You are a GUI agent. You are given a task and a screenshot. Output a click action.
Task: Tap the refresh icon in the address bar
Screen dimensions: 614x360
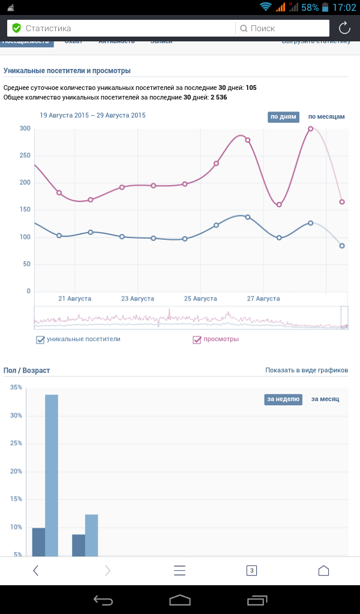click(x=344, y=28)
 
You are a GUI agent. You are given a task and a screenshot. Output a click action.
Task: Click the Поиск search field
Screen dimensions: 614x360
click(x=282, y=28)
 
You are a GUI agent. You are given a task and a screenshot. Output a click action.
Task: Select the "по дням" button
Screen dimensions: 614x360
click(x=283, y=116)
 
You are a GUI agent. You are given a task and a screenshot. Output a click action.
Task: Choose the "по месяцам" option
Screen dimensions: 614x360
click(x=326, y=116)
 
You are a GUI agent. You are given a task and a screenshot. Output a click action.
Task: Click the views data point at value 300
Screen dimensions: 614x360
click(x=311, y=128)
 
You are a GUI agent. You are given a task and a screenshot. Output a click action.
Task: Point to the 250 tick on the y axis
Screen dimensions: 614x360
click(x=24, y=156)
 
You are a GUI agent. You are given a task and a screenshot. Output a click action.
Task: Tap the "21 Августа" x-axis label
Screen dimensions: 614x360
click(x=74, y=298)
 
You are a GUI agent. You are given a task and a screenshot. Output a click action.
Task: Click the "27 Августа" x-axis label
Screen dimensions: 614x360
click(x=263, y=298)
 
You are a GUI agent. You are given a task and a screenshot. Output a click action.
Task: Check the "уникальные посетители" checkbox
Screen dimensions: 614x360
click(x=40, y=340)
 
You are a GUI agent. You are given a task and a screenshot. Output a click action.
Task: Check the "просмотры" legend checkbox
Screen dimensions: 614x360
click(x=197, y=340)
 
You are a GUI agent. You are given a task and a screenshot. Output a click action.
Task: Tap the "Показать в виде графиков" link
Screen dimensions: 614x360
click(x=307, y=371)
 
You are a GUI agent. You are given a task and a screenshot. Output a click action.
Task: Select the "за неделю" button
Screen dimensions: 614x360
click(x=283, y=399)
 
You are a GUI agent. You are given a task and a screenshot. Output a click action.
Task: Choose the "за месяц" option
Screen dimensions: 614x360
click(x=325, y=399)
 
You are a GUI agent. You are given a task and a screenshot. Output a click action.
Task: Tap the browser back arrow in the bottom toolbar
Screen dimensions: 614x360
click(x=35, y=571)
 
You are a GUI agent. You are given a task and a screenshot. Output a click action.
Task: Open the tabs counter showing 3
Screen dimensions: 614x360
click(x=252, y=571)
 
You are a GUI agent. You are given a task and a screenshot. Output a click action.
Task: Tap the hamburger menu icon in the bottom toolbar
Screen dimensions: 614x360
click(x=180, y=571)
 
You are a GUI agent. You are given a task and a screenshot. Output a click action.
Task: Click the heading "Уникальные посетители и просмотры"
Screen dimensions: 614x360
click(x=67, y=71)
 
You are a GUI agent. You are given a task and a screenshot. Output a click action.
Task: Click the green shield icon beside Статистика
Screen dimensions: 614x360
click(x=16, y=28)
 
